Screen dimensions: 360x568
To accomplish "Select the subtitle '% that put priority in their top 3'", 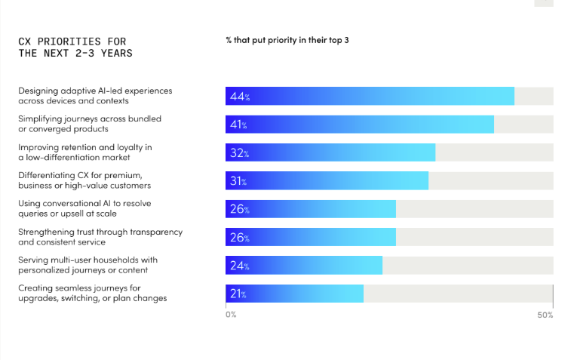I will (287, 40).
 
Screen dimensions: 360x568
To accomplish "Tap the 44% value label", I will (240, 97).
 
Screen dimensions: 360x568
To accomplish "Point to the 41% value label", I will (240, 125).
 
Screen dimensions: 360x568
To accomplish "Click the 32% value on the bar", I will (240, 153).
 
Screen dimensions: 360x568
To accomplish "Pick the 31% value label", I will (240, 181).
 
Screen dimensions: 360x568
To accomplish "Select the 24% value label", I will (240, 266).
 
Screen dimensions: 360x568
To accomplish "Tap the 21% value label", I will (240, 294).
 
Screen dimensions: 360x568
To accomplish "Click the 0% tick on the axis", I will (231, 314).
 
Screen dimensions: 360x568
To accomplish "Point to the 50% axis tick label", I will (545, 314).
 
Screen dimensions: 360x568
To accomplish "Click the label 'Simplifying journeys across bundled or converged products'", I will (90, 124).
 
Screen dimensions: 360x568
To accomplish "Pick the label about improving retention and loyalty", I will (85, 152).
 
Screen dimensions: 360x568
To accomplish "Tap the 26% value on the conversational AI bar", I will (240, 209).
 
